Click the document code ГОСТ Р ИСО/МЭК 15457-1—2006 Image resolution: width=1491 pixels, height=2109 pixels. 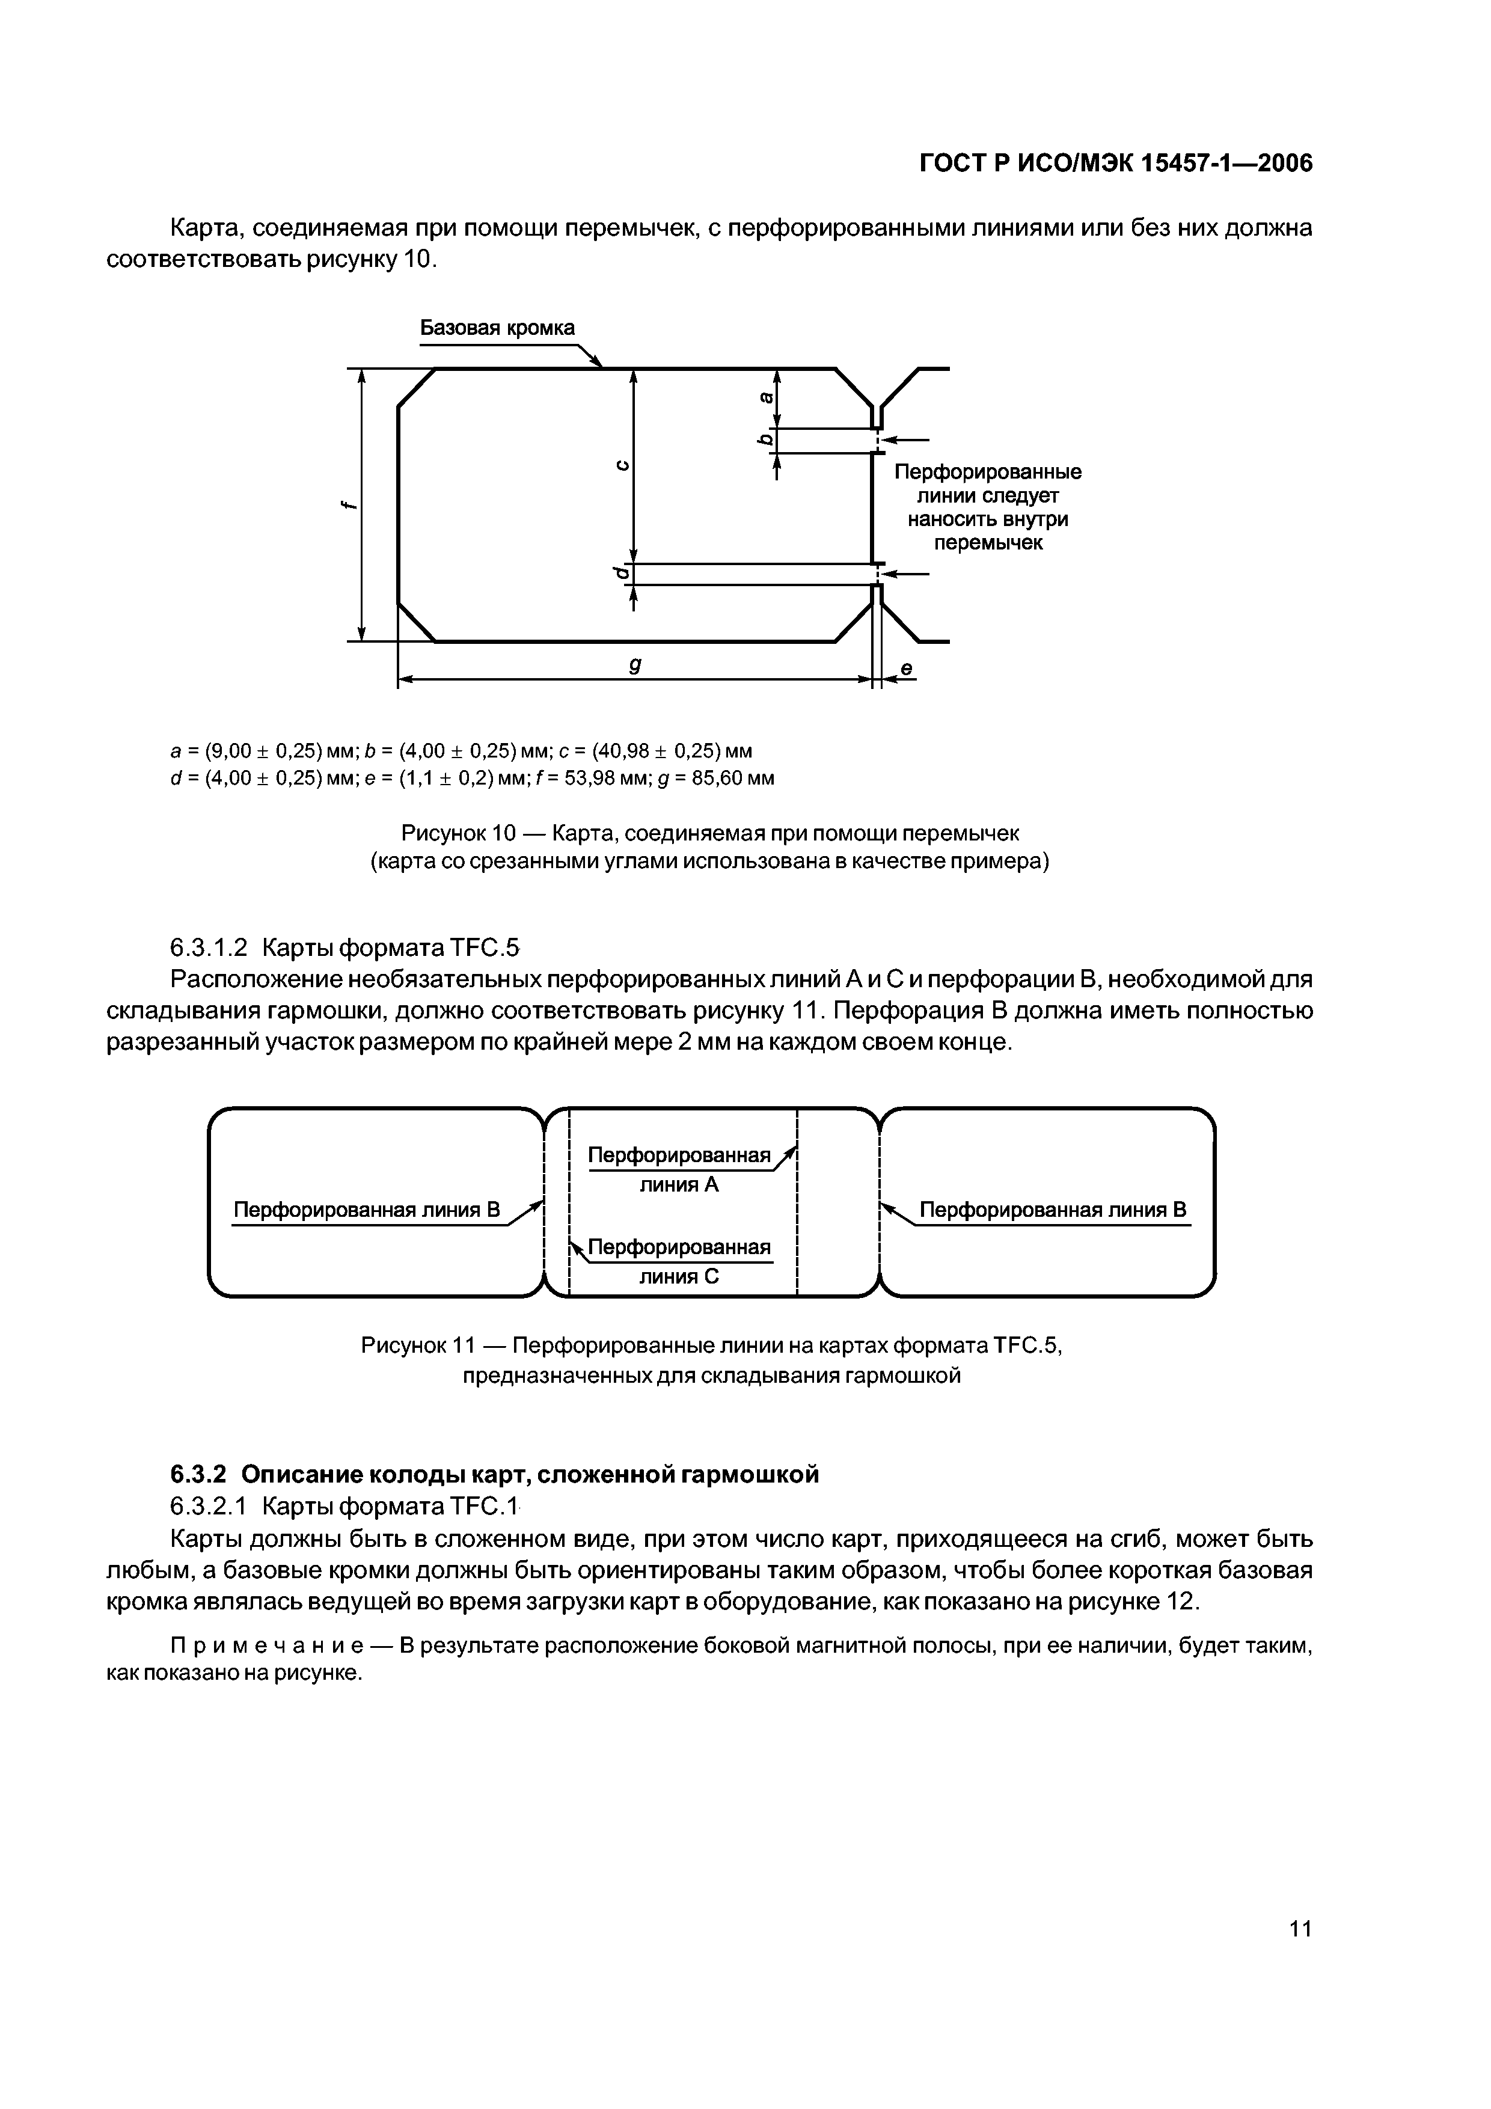pyautogui.click(x=1115, y=164)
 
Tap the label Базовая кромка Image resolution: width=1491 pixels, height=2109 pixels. pyautogui.click(x=497, y=328)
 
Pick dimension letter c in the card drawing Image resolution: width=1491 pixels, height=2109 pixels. pyautogui.click(x=622, y=465)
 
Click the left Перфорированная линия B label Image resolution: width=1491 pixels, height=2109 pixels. pyautogui.click(x=367, y=1210)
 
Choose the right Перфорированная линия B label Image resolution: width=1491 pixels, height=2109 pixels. pyautogui.click(x=1053, y=1210)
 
